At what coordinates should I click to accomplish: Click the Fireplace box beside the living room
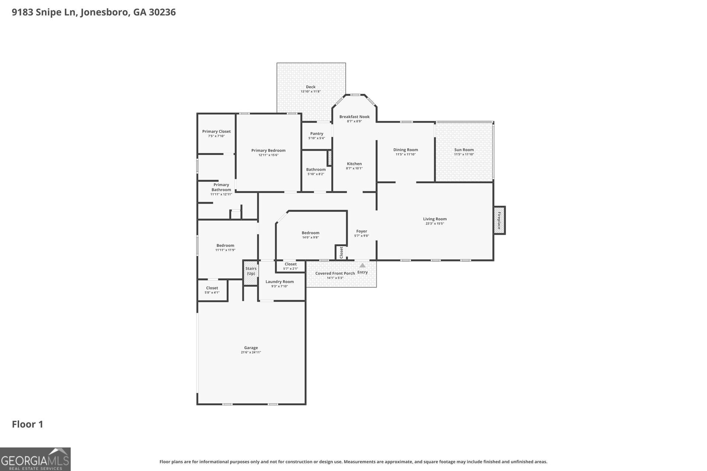499,220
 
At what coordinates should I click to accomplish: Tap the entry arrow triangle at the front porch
362,265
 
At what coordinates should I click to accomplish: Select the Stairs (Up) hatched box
251,273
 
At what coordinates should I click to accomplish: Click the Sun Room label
464,150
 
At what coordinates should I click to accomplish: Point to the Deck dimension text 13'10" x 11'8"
310,92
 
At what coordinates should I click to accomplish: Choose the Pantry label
317,134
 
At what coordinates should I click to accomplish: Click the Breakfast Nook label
354,117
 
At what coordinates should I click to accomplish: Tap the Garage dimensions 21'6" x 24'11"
251,353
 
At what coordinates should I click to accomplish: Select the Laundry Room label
279,281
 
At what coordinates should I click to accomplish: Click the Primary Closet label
216,131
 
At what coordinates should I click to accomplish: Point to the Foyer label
362,231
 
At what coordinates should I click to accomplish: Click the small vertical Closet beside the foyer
341,252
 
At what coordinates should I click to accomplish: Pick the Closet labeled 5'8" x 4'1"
212,290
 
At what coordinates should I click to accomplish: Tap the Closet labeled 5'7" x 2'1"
291,266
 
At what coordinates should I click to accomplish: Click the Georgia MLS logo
35,459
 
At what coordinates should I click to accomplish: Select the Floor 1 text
28,424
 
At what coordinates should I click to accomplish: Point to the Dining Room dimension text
405,155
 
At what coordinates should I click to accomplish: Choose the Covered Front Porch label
335,273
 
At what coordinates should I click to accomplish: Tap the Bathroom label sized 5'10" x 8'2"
316,170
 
